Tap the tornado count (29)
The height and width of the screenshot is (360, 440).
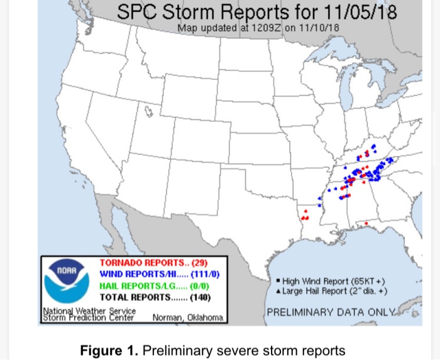coord(199,263)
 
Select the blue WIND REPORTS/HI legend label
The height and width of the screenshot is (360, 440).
coord(138,274)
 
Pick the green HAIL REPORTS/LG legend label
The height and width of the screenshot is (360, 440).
coord(138,286)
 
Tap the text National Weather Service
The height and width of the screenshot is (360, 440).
coord(89,311)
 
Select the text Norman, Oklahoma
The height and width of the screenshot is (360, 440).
coord(187,318)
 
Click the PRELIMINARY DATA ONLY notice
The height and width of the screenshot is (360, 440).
coord(331,312)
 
